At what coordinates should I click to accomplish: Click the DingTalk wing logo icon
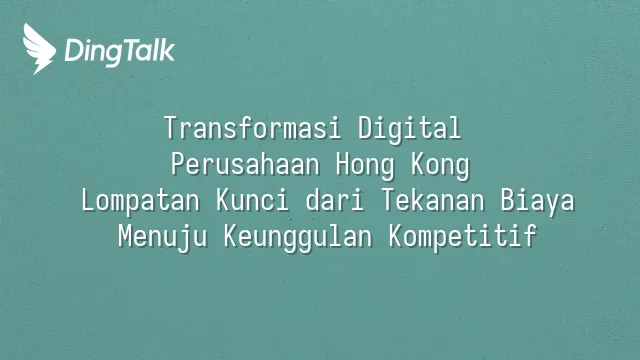39,49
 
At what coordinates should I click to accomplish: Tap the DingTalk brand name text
120,51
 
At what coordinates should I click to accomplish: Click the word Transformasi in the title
252,127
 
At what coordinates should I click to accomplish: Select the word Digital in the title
409,129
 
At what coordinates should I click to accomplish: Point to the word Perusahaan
245,164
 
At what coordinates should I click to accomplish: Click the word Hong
365,166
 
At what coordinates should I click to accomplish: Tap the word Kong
440,166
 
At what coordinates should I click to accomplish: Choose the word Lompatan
140,201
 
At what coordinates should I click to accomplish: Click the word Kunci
252,200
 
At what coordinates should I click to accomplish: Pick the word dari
335,200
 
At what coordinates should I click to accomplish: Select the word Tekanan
432,200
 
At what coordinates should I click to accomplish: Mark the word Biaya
538,201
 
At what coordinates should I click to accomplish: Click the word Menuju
162,237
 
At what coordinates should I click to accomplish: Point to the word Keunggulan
298,237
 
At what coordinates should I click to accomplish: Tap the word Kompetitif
462,237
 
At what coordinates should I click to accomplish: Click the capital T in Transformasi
172,127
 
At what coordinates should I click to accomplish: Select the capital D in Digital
366,127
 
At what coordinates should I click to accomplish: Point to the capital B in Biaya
508,200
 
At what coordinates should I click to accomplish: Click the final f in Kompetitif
530,236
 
